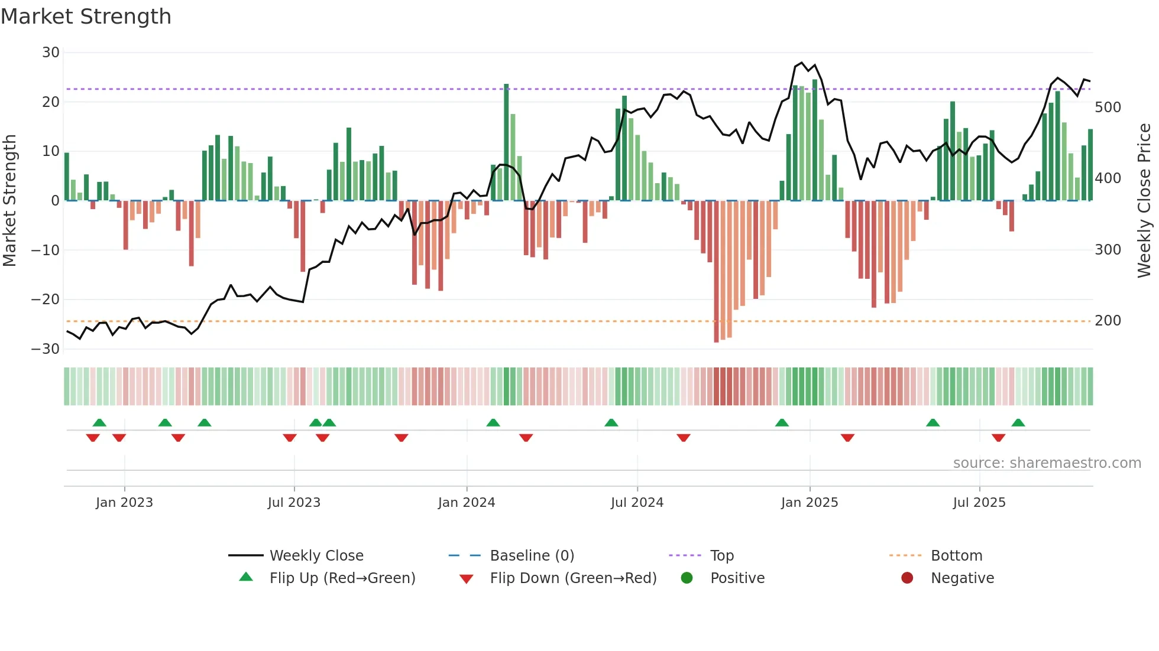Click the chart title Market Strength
(x=86, y=17)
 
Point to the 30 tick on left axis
(x=51, y=53)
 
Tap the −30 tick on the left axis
(x=46, y=349)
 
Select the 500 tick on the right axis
(x=1108, y=108)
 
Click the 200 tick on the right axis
(x=1108, y=321)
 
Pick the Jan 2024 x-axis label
(x=466, y=503)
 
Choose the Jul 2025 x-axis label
(x=979, y=503)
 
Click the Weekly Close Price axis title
(x=1144, y=200)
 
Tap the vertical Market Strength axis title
(x=10, y=200)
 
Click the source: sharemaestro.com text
(x=1047, y=463)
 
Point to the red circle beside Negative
(x=907, y=578)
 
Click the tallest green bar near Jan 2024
(x=506, y=142)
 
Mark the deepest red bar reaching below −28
(x=716, y=272)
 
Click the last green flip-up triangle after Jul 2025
(x=1018, y=423)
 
